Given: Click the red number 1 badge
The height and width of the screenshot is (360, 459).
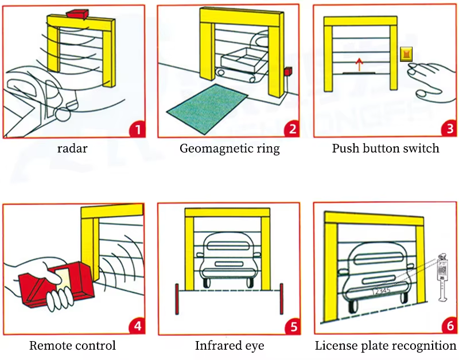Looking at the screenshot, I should (x=136, y=129).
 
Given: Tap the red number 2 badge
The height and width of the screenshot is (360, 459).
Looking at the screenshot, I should (x=292, y=129).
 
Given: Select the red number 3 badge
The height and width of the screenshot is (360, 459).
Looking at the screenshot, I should (x=448, y=129).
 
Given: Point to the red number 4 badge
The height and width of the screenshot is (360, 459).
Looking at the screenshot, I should (x=136, y=326).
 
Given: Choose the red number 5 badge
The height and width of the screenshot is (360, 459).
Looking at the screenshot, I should (x=292, y=326).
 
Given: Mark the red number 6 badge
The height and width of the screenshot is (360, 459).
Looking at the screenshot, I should (x=448, y=326).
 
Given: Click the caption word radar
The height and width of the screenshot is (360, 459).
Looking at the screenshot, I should (x=72, y=148).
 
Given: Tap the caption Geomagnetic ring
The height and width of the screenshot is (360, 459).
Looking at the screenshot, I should (x=229, y=148).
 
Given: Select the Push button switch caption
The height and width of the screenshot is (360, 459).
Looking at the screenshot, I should (x=386, y=148).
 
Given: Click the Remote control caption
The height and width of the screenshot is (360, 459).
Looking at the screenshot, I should (x=72, y=346).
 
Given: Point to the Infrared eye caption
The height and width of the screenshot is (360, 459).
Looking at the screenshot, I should (x=229, y=346).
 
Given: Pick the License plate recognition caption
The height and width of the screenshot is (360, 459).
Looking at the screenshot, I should (x=386, y=346).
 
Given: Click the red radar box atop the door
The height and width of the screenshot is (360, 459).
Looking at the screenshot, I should (x=76, y=13).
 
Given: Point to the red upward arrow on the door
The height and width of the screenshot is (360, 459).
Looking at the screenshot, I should (x=359, y=64).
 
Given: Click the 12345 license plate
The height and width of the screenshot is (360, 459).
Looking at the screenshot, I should (x=382, y=291).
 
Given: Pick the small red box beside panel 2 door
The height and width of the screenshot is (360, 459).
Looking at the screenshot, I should (x=288, y=72).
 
